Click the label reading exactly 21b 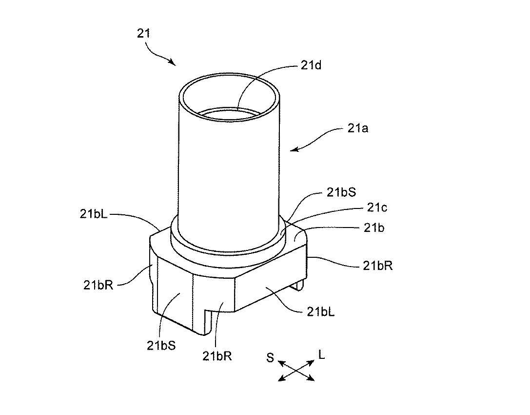(374, 228)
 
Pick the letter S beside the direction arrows (270, 358)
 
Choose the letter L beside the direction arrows (321, 355)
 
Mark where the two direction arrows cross (296, 371)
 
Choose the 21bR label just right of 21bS (217, 356)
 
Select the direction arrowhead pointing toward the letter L (312, 362)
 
